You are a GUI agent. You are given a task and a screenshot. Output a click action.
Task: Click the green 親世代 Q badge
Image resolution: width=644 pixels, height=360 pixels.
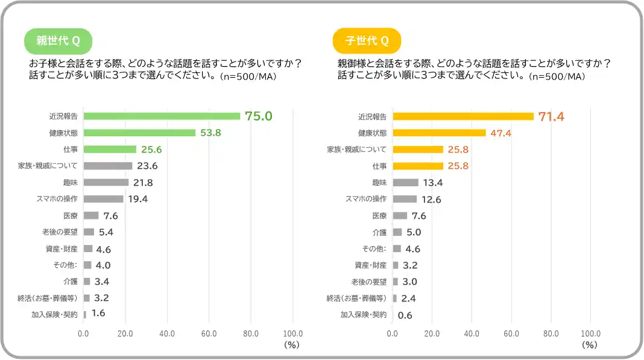coord(58,41)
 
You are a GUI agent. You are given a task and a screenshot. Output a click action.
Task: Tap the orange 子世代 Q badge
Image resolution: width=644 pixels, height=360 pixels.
coord(367,41)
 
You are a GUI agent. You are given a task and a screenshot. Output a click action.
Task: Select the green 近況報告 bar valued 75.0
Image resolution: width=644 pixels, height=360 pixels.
coord(162,116)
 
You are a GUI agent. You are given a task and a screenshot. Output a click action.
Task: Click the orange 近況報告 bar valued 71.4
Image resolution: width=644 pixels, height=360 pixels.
coord(463,116)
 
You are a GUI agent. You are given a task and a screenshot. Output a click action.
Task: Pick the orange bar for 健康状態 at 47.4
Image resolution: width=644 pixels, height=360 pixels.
coord(439,133)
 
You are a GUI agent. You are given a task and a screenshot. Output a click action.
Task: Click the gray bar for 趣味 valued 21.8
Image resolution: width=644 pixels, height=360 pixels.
coord(106,182)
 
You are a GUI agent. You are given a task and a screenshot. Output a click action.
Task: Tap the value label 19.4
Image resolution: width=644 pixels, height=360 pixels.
coord(137,198)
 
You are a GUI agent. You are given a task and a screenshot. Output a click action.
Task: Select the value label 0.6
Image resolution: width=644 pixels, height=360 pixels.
coord(405,315)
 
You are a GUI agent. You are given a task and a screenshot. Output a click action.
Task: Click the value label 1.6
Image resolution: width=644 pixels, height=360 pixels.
coord(98,314)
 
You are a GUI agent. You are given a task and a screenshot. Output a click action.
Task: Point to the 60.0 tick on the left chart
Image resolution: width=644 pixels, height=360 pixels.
coord(209,333)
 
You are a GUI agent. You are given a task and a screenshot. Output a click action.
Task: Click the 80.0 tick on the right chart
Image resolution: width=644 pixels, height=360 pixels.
coord(551,333)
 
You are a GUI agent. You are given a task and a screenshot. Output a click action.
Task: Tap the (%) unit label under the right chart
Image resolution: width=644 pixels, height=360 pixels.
coord(589,346)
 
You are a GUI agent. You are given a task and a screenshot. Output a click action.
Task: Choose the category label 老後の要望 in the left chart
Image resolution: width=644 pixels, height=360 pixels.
coord(60,232)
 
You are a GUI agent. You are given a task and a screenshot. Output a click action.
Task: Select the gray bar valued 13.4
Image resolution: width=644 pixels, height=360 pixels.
coord(405,182)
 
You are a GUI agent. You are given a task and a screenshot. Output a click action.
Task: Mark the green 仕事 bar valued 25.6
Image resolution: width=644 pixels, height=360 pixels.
coord(110,149)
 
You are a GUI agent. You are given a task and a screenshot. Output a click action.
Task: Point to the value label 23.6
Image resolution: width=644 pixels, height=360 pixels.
coord(147,166)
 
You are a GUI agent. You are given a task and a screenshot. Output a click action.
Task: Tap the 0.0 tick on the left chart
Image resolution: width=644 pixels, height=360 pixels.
coord(83,333)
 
